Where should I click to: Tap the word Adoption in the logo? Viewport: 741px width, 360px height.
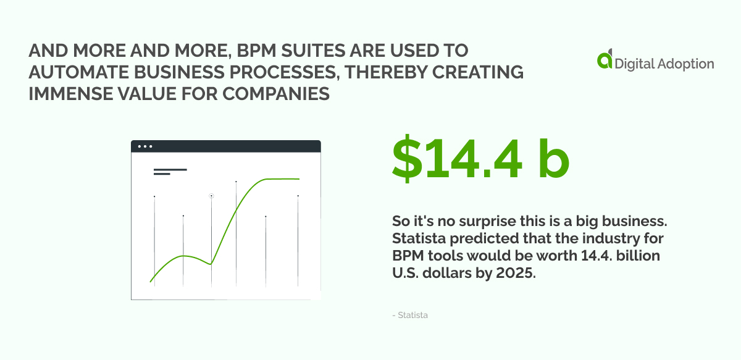[685, 63]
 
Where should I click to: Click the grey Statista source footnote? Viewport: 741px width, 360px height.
[410, 316]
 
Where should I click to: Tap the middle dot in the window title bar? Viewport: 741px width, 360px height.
[145, 146]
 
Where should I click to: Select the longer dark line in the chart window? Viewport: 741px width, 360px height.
[170, 169]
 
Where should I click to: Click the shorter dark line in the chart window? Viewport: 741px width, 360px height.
[162, 174]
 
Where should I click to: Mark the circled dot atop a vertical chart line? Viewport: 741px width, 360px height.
[211, 196]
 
